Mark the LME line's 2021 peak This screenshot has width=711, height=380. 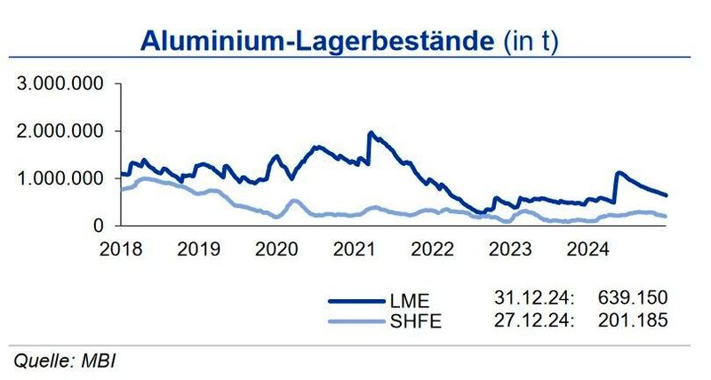point(370,133)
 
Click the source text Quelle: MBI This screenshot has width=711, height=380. point(65,361)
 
